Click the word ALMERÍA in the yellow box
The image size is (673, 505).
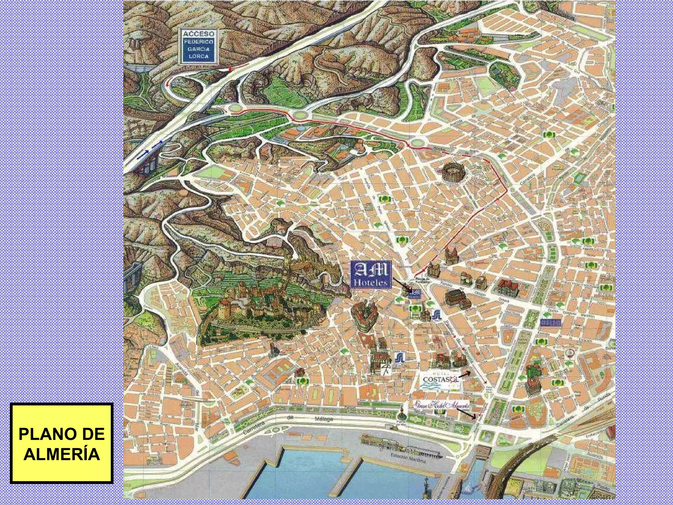(61, 454)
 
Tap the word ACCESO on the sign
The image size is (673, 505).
(198, 34)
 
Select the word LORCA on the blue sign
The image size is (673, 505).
(198, 56)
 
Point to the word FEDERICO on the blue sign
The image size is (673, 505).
(198, 42)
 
